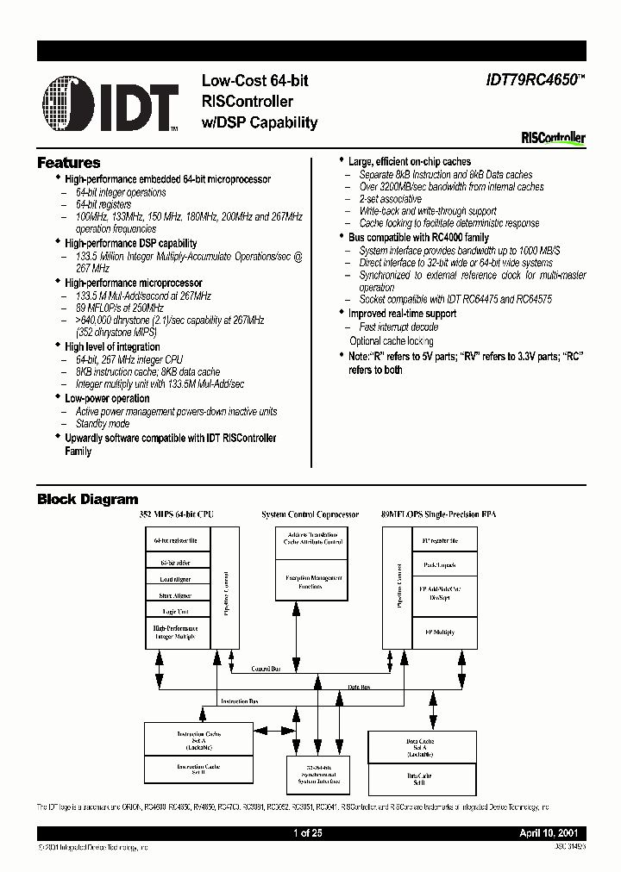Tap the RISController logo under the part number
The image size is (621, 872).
click(553, 137)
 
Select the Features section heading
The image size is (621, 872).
click(69, 163)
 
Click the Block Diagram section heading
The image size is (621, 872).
click(87, 499)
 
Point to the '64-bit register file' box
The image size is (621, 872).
click(177, 541)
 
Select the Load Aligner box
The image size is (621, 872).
click(177, 578)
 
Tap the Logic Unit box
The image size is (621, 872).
click(177, 611)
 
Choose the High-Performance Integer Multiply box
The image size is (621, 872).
click(177, 633)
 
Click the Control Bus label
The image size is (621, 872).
click(264, 669)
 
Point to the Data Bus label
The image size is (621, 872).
click(360, 687)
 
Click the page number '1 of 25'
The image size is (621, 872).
click(310, 834)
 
